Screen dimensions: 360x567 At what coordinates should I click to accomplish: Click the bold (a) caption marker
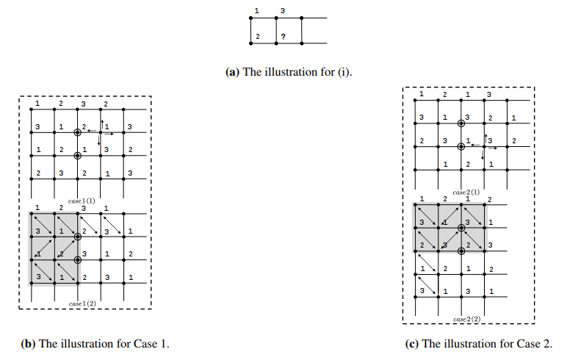232,72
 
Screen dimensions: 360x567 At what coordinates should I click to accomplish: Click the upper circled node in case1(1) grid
77,132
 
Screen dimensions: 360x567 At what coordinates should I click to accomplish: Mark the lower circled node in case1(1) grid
77,156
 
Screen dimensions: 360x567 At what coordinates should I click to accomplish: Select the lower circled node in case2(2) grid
461,251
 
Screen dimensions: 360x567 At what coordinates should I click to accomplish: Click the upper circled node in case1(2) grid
77,236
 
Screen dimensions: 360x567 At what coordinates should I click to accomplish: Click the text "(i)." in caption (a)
345,72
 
